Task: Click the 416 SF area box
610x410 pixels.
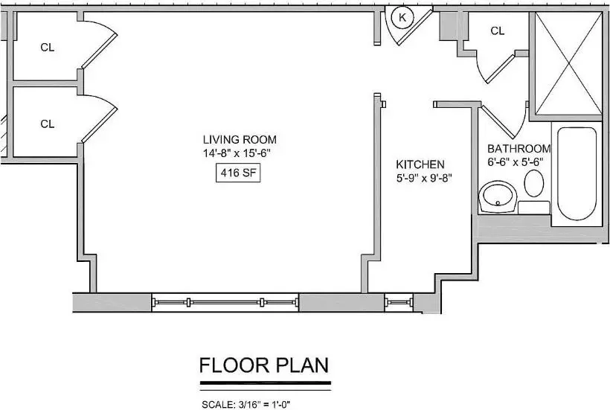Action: (238, 173)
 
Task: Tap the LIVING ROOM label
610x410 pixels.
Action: (240, 139)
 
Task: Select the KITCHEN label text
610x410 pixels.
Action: (420, 164)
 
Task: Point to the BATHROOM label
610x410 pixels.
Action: (519, 149)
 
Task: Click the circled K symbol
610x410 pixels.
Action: (402, 17)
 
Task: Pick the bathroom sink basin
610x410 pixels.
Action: (498, 196)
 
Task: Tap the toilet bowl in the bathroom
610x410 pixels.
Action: (534, 183)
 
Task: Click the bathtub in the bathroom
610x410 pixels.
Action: (577, 173)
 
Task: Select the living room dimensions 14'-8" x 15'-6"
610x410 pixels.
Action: (237, 153)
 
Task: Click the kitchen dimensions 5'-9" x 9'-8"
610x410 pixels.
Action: (424, 178)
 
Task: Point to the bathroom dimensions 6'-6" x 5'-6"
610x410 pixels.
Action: (516, 162)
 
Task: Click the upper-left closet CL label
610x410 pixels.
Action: (48, 48)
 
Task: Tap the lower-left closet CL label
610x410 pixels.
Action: (48, 124)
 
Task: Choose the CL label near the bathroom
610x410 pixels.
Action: (498, 31)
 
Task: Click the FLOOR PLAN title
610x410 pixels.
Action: (264, 365)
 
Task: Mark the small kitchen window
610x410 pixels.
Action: (399, 302)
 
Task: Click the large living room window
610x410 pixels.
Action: (225, 302)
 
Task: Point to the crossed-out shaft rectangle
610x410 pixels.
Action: (568, 63)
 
